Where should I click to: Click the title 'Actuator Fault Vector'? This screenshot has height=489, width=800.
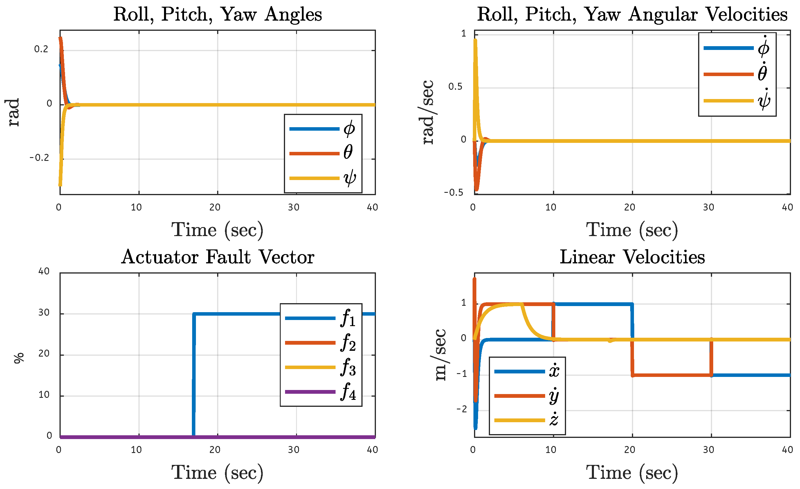(217, 257)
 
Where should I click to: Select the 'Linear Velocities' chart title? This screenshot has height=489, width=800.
(632, 257)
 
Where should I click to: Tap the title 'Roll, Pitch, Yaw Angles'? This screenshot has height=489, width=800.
(217, 14)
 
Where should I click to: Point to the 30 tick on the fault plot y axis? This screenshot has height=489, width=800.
(44, 313)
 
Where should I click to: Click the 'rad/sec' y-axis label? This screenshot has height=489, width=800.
(428, 112)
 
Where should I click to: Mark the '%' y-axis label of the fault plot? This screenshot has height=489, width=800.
(19, 358)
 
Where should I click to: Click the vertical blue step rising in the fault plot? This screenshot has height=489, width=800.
(194, 373)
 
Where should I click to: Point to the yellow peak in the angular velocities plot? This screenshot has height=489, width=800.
(475, 41)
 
